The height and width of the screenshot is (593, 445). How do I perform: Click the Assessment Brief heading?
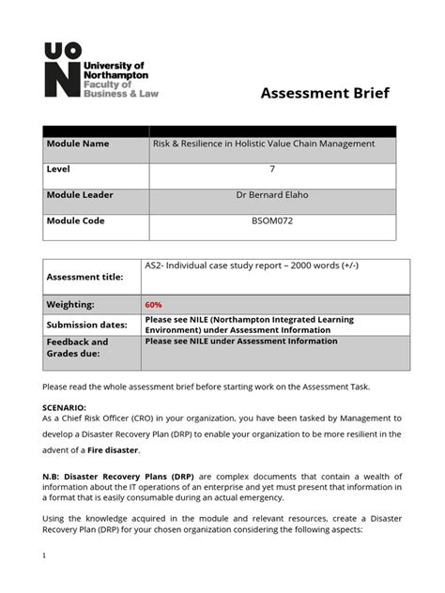[324, 93]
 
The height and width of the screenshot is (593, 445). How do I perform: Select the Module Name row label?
[78, 144]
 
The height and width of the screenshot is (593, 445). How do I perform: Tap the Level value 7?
[271, 170]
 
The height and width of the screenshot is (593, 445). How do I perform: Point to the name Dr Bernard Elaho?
[271, 195]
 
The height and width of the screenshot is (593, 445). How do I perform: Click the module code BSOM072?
[271, 221]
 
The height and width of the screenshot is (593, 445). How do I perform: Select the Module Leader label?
[81, 195]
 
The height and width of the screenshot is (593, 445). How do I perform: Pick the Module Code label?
[76, 221]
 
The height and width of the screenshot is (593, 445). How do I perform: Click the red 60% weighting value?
[154, 305]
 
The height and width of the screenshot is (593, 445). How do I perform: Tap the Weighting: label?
[71, 305]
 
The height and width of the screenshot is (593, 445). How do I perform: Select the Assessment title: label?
[85, 278]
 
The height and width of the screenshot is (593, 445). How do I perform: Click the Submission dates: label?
[88, 325]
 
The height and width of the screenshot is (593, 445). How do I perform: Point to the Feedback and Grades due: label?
[78, 348]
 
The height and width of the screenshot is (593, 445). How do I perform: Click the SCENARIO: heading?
[64, 407]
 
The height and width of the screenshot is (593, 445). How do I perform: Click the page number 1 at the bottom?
[45, 555]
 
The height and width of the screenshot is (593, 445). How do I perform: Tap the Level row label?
[59, 170]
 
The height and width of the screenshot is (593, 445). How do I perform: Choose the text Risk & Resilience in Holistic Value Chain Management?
[264, 144]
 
